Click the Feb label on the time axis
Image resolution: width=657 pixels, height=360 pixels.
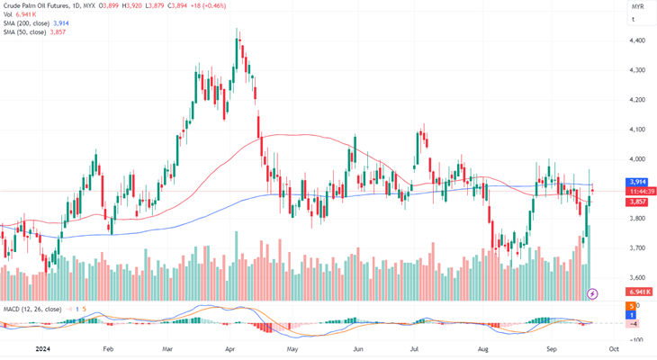[108, 347]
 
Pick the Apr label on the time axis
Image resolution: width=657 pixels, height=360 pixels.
[230, 347]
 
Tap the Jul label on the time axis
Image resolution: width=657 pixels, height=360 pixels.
[415, 347]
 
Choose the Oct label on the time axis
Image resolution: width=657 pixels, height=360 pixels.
[613, 347]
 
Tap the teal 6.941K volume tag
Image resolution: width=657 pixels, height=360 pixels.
[640, 292]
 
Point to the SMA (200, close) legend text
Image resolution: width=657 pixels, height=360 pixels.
[26, 23]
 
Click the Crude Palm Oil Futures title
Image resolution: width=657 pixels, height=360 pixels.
[37, 5]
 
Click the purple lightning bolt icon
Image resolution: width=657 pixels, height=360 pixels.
[592, 293]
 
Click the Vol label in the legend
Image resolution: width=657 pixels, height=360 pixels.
[8, 14]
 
